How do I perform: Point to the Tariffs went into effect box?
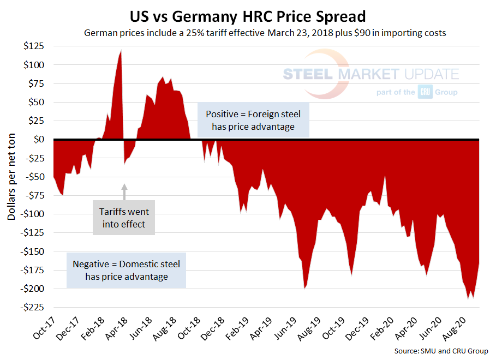tap(124, 218)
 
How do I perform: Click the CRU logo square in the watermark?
tap(425, 92)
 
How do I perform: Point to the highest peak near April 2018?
tap(121, 51)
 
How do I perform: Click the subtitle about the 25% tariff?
tap(265, 33)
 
